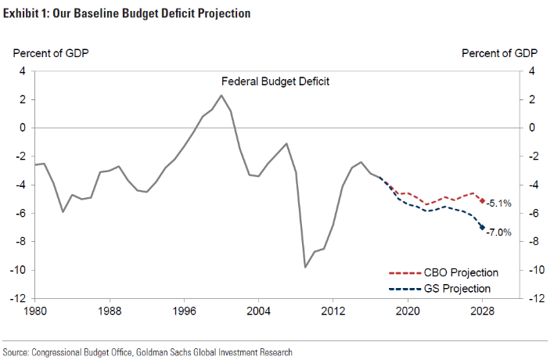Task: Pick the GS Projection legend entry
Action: (x=443, y=289)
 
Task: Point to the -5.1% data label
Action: (x=498, y=203)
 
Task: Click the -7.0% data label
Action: (x=498, y=232)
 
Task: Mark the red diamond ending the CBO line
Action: (x=482, y=201)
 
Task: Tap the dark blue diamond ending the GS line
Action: (x=482, y=228)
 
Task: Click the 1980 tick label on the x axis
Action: (x=35, y=311)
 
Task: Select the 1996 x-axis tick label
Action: (x=184, y=311)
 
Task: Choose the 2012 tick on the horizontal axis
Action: (x=333, y=311)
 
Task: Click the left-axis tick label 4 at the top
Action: (x=23, y=71)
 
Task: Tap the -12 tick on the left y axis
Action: (x=18, y=299)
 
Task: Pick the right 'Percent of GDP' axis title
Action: (x=499, y=53)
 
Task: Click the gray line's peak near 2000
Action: (x=221, y=95)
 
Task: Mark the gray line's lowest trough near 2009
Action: (x=305, y=267)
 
